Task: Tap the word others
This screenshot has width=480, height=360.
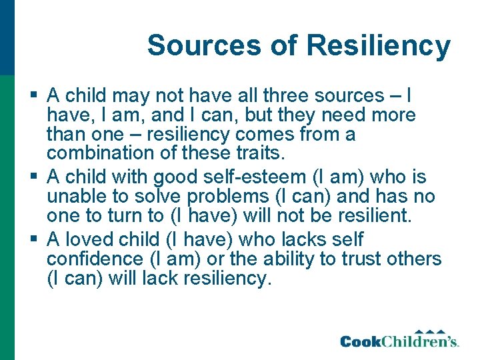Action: tap(409, 259)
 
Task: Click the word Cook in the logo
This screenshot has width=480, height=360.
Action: tap(362, 342)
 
